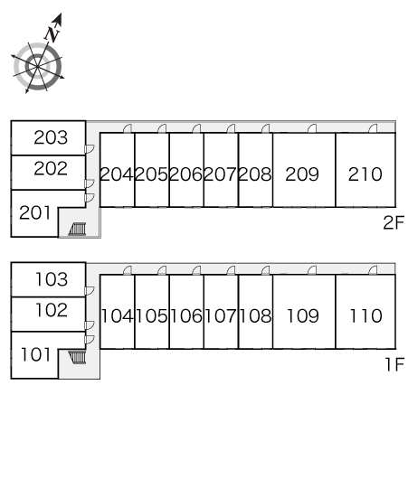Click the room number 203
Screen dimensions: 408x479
click(51, 137)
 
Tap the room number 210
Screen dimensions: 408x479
click(365, 174)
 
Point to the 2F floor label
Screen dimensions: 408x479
click(394, 222)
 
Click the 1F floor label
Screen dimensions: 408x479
click(394, 364)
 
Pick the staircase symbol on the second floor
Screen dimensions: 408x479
click(77, 229)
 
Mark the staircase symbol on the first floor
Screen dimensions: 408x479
click(77, 357)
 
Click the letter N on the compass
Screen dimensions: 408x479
click(52, 34)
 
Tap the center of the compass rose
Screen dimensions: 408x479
click(37, 66)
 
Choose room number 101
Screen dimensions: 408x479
click(35, 354)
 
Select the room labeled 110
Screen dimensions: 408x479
click(365, 316)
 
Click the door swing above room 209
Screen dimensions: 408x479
click(312, 128)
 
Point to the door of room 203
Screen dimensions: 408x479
click(90, 149)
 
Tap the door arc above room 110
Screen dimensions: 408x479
click(373, 270)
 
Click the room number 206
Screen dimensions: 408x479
click(186, 174)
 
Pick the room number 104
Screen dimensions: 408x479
click(117, 316)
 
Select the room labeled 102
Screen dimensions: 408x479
click(52, 310)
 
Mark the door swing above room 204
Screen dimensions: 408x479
click(128, 128)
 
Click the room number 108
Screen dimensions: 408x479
click(255, 316)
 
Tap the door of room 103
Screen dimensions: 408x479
click(90, 290)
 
